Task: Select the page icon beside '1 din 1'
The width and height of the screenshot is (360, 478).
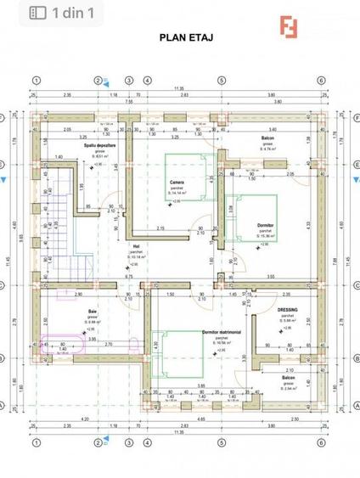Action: click(38, 13)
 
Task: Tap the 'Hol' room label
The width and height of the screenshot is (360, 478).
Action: click(136, 246)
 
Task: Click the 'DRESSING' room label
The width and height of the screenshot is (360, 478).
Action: click(287, 310)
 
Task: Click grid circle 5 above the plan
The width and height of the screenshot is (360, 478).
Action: click(220, 81)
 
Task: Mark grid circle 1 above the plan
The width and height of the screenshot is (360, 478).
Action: click(36, 81)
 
